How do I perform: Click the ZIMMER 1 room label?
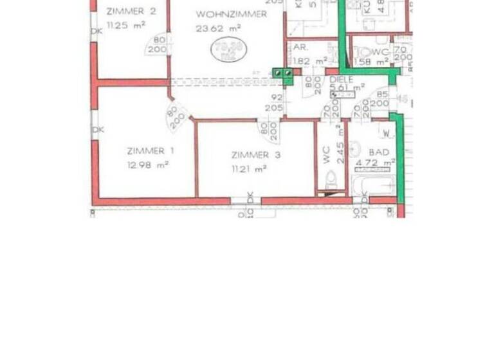tap(145, 151)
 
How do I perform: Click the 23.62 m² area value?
tap(219, 28)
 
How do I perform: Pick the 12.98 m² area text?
tap(148, 165)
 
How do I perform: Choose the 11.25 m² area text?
tap(126, 25)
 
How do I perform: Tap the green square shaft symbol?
tap(282, 75)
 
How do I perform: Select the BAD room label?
tap(379, 152)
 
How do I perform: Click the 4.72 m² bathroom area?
tap(380, 164)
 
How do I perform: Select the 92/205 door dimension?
tap(275, 103)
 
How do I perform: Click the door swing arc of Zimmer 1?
tap(176, 116)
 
